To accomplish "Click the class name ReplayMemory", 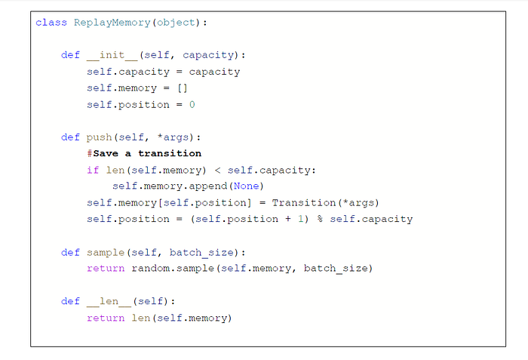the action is tap(112, 23).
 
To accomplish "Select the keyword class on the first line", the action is tap(51, 23).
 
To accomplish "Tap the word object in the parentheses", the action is tap(176, 23).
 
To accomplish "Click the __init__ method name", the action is tap(112, 55).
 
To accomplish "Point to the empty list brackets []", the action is tap(183, 88).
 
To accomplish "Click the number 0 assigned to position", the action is tap(192, 104).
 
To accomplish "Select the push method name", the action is tap(99, 137).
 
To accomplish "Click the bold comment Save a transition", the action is tap(147, 153).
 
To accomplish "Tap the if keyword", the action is tap(93, 170).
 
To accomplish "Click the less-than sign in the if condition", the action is tap(217, 171).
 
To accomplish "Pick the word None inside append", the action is tap(247, 186).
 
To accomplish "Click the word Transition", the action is tap(304, 202).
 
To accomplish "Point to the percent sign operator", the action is tap(320, 219).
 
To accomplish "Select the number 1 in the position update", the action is tap(301, 219).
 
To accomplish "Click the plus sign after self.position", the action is tap(288, 219).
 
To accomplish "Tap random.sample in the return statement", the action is tap(173, 269).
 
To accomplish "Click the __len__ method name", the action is tap(109, 301).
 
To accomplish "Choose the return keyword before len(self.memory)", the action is tap(106, 318).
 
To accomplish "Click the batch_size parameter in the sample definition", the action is tap(201, 253).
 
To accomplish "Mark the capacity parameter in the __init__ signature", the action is tap(208, 55).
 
